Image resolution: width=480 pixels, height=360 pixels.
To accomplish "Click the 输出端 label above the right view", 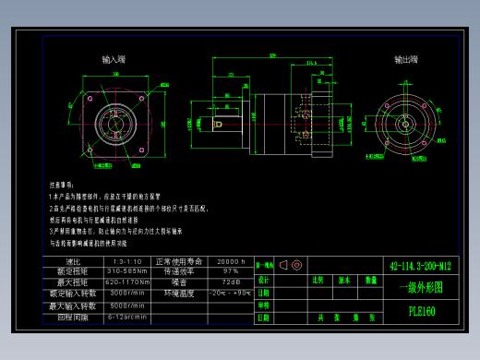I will [406, 59].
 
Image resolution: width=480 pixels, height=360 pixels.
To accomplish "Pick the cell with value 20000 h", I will [230, 262].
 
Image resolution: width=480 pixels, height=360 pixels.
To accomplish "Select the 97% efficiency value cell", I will [230, 272].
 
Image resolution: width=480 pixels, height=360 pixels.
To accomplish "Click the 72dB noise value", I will [230, 282].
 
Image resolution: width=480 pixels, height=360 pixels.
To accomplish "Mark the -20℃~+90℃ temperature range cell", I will [230, 294].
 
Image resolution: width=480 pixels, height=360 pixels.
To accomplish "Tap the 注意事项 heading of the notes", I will [62, 186].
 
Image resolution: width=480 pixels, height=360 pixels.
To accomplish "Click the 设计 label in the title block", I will [263, 280].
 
